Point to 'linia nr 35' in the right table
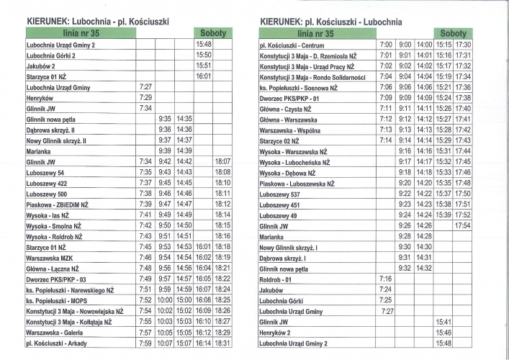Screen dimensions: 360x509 (316, 34)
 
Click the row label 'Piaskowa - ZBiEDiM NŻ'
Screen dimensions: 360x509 (58, 204)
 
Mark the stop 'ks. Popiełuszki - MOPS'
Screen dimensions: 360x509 (59, 300)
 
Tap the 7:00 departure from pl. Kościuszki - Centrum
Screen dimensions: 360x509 (386, 45)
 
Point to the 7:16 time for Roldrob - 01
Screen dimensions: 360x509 (385, 279)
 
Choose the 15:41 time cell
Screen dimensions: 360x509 (443, 322)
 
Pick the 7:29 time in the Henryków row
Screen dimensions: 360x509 (145, 97)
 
